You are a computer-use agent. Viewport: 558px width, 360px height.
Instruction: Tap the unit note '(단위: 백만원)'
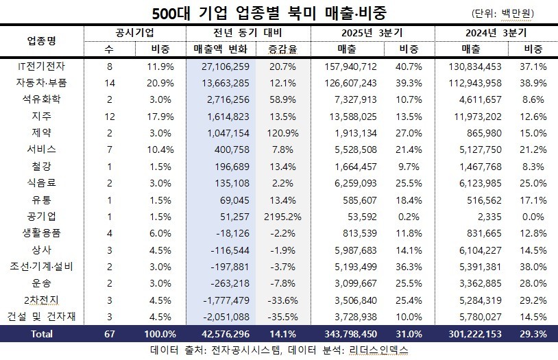coord(513,13)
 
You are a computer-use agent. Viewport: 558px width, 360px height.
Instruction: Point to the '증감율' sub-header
coord(282,49)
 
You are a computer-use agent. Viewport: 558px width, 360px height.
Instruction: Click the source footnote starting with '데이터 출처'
coord(278,350)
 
